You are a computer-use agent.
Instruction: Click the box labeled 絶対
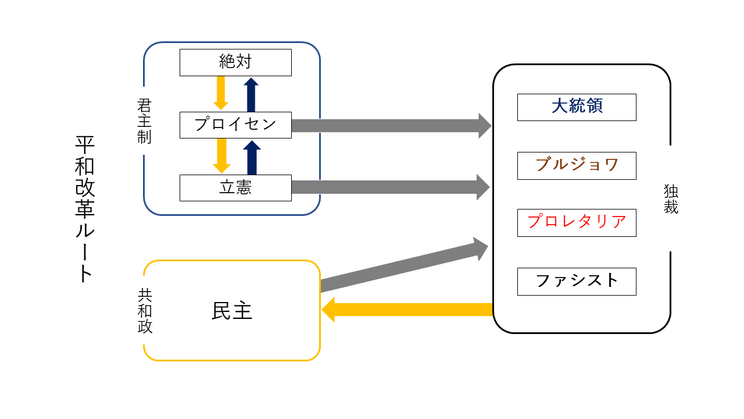click(x=235, y=62)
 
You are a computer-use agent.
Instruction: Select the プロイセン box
click(x=235, y=125)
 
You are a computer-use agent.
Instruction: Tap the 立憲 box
click(x=235, y=187)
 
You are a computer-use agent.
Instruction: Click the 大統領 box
click(x=577, y=107)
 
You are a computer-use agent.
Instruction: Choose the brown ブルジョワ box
click(x=577, y=165)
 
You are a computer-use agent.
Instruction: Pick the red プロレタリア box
click(x=577, y=222)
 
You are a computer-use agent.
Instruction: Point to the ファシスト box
click(x=577, y=281)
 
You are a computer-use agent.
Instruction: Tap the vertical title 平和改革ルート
click(x=85, y=210)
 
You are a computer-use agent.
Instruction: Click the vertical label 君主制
click(x=144, y=121)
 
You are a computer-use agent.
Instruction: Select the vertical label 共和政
click(x=145, y=311)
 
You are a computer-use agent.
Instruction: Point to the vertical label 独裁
click(x=671, y=199)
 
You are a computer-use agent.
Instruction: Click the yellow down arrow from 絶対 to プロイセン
click(x=221, y=93)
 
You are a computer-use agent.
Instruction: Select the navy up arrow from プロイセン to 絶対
click(x=251, y=94)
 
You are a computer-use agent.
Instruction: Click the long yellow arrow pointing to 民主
click(x=407, y=310)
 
